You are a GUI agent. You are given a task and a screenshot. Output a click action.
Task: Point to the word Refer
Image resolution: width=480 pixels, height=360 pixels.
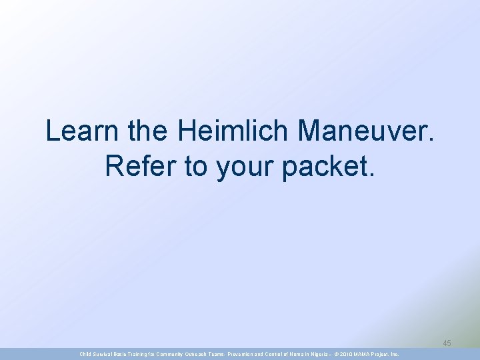(141, 167)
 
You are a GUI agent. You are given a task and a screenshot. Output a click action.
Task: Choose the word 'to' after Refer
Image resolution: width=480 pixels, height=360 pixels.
(196, 167)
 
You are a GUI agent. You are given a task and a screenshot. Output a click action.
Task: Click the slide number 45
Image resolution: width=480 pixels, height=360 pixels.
(447, 343)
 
